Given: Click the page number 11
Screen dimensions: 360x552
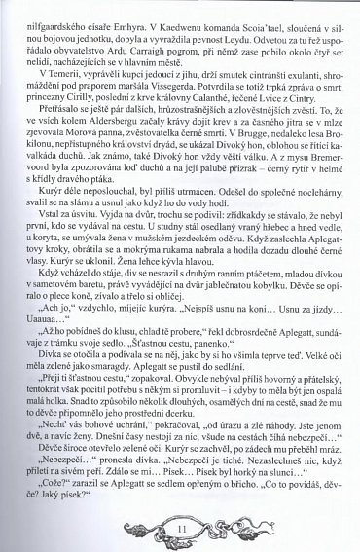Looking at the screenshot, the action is click(x=182, y=527).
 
